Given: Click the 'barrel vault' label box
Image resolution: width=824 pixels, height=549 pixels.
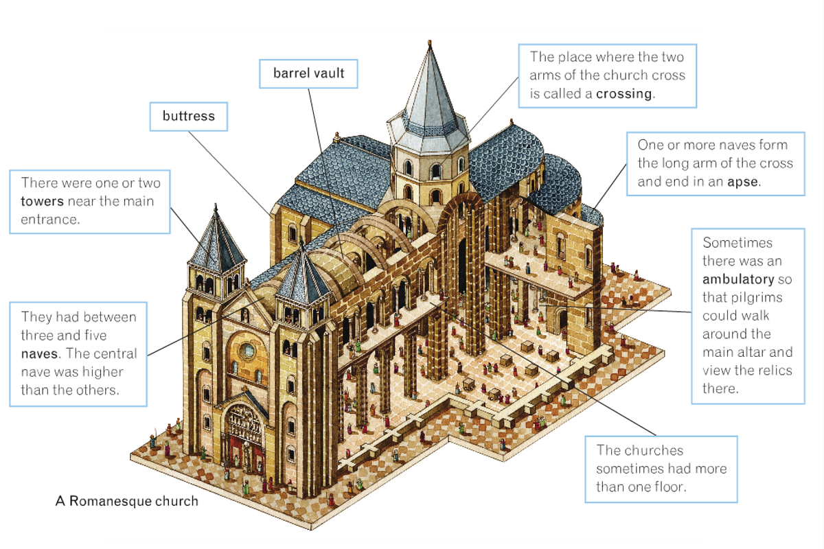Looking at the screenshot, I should [x=308, y=73].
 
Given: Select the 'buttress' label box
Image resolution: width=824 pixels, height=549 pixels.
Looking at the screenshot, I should [x=188, y=116].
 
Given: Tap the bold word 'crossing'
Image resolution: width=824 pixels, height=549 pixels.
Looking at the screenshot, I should [x=624, y=94].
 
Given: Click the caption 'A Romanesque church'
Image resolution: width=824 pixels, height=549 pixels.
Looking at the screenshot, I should [x=126, y=501].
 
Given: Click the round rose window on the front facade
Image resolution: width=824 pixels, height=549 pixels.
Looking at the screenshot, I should [x=246, y=351].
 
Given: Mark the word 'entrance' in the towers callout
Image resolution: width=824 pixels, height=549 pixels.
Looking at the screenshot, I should [x=49, y=219].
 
